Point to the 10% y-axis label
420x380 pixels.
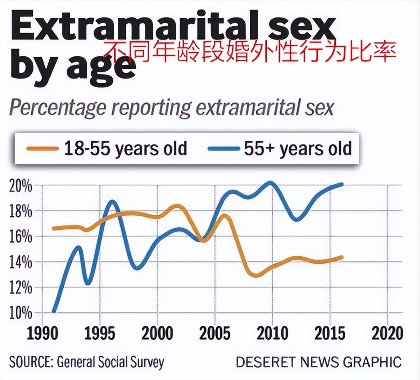[20, 313]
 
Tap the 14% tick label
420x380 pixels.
[20, 262]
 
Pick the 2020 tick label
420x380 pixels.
[387, 334]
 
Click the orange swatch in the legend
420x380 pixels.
[42, 148]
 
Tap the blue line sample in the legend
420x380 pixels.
[223, 148]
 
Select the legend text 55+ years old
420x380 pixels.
[298, 148]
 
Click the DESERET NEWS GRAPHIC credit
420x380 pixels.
[318, 362]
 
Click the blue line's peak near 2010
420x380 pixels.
[270, 183]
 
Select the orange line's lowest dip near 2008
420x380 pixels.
[256, 275]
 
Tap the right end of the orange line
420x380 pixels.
[342, 257]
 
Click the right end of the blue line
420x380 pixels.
[342, 185]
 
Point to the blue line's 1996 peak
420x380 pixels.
[111, 202]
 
